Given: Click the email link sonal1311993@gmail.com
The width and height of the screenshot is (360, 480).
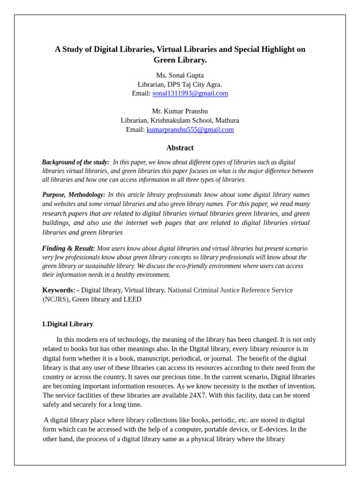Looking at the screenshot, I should point(190,93).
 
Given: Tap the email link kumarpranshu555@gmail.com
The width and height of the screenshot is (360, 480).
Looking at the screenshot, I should point(190,129).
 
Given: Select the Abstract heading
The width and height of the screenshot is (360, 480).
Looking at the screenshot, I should point(180,148).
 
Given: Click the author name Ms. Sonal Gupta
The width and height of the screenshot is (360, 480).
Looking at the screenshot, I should point(180,75).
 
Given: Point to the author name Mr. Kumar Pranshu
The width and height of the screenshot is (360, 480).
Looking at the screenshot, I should point(180,111).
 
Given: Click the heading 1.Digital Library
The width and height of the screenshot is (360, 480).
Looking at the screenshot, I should point(67,324).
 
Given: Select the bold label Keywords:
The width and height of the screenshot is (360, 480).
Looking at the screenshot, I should point(59,290).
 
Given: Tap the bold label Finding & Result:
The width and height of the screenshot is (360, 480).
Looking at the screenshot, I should point(68,248).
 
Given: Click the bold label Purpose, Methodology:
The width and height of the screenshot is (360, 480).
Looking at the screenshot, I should point(74,195).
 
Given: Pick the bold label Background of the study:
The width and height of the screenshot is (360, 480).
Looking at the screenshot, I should point(75,162).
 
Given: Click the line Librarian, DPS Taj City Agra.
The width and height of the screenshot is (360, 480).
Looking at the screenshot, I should point(180,84).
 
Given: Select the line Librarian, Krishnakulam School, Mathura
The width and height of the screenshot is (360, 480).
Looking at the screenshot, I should point(180,120).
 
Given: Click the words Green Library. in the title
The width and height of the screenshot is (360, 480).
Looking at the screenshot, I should point(180,60).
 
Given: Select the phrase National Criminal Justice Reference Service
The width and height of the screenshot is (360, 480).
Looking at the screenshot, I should point(230,290).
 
